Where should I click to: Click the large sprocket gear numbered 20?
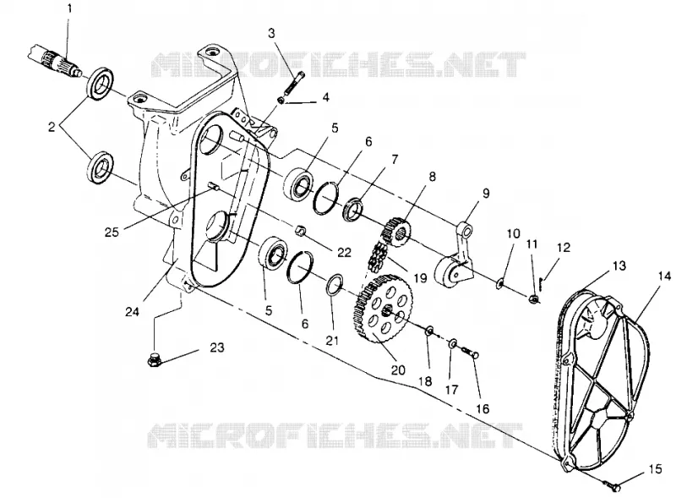pyautogui.click(x=383, y=309)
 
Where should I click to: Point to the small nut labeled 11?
pyautogui.click(x=534, y=298)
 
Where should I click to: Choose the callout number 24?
pyautogui.click(x=132, y=311)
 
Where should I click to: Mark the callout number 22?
pyautogui.click(x=344, y=252)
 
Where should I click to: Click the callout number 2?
pyautogui.click(x=52, y=127)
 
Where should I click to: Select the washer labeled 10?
pyautogui.click(x=499, y=283)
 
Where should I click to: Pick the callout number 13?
pyautogui.click(x=619, y=265)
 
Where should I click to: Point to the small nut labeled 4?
pyautogui.click(x=281, y=101)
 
